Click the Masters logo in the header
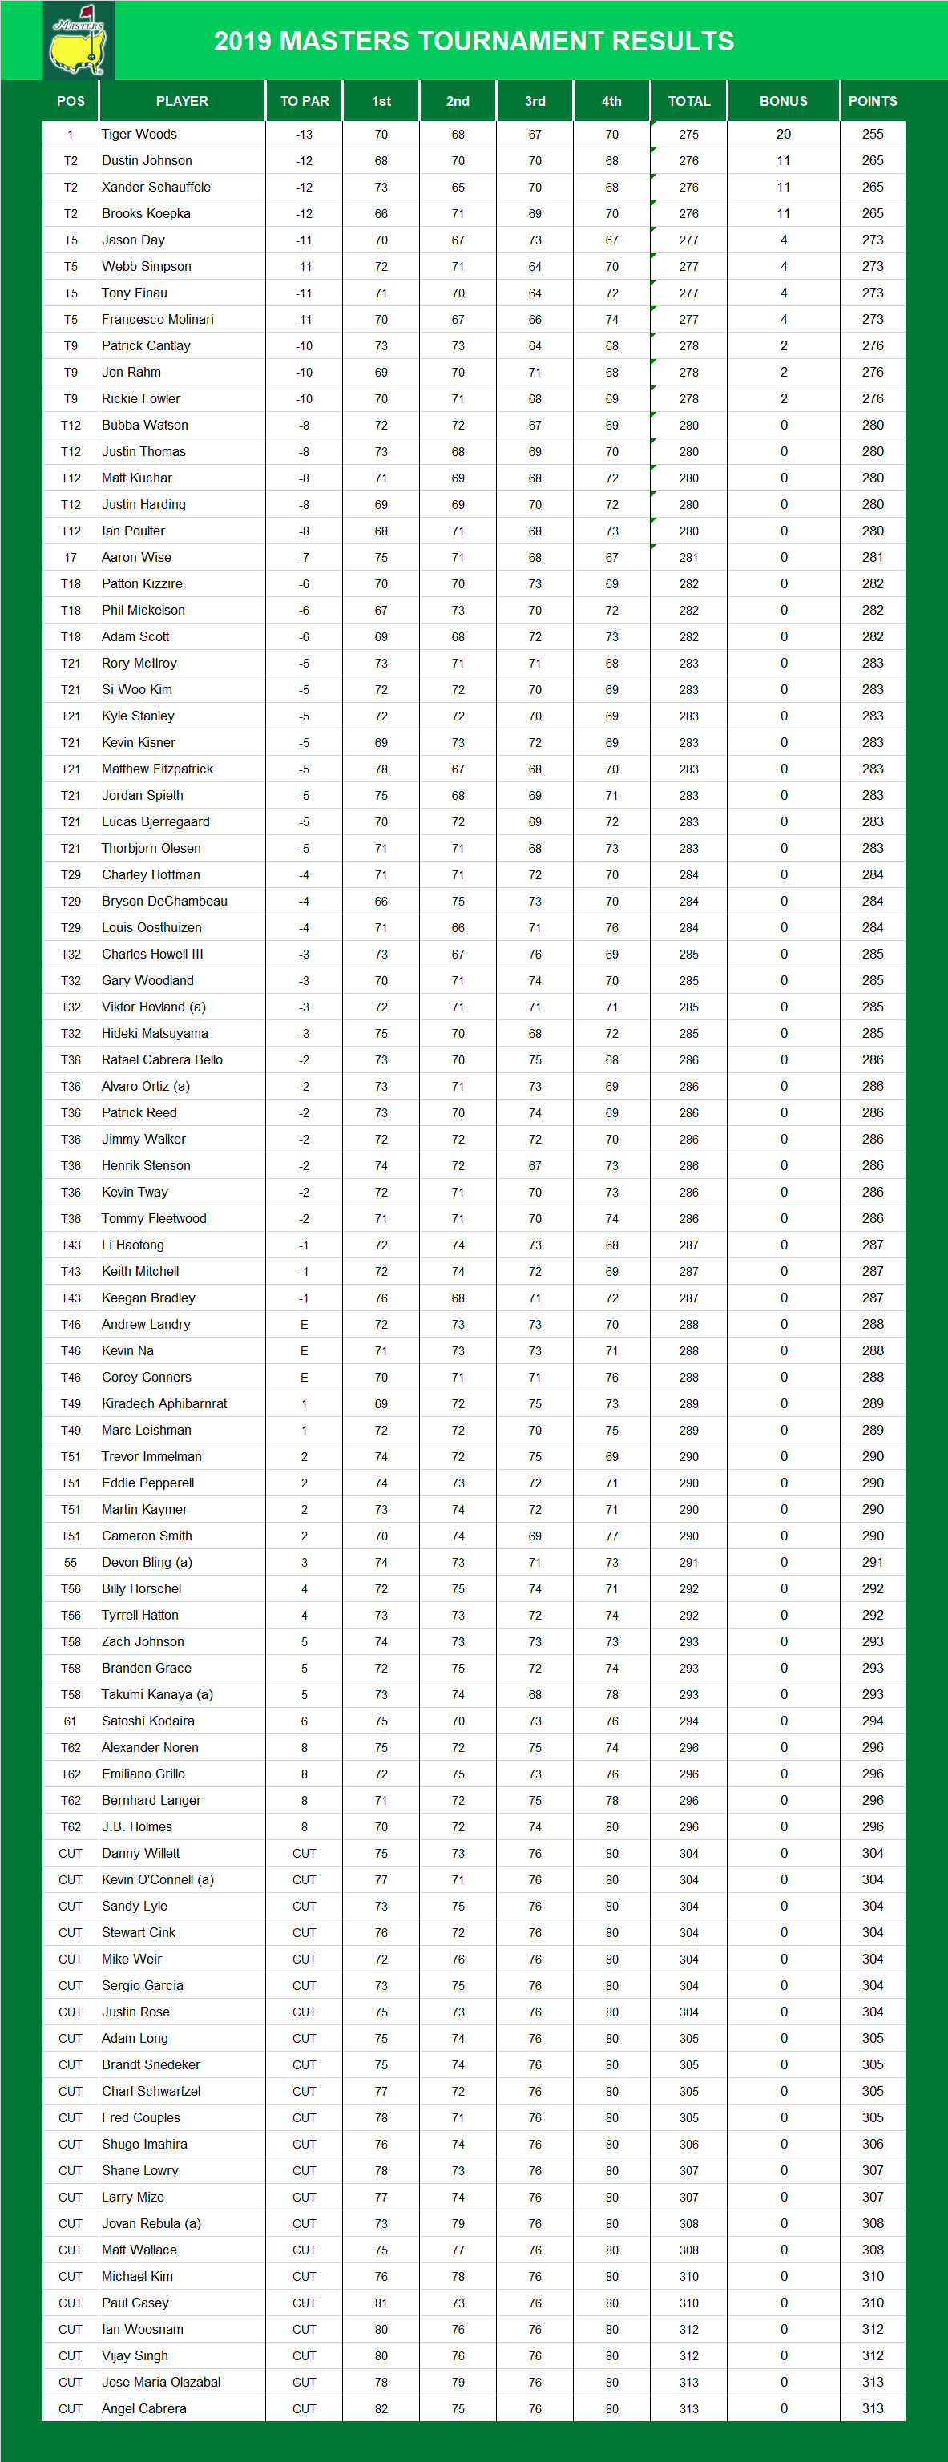pyautogui.click(x=79, y=40)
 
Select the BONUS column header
pyautogui.click(x=783, y=101)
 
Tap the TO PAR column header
pyautogui.click(x=304, y=101)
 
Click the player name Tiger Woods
pyautogui.click(x=139, y=135)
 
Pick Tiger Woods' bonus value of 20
pyautogui.click(x=784, y=135)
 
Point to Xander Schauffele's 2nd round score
pyautogui.click(x=458, y=188)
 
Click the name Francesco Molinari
pyautogui.click(x=158, y=319)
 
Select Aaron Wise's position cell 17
pyautogui.click(x=71, y=557)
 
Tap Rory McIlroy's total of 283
pyautogui.click(x=689, y=664)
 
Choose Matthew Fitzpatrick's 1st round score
pyautogui.click(x=381, y=769)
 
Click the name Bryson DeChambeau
pyautogui.click(x=164, y=902)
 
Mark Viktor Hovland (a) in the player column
pyautogui.click(x=154, y=1007)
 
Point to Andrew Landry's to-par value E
pyautogui.click(x=304, y=1325)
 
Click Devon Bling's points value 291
pyautogui.click(x=873, y=1563)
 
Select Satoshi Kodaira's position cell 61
pyautogui.click(x=71, y=1721)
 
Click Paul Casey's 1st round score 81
pyautogui.click(x=381, y=2303)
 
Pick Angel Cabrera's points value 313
pyautogui.click(x=873, y=2408)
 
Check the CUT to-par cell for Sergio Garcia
pyautogui.click(x=304, y=1986)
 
